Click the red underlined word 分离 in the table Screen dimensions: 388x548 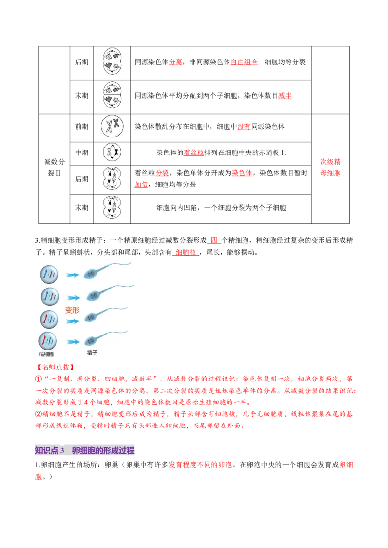[176, 62]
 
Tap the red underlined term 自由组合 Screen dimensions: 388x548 [244, 62]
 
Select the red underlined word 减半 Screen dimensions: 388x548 [285, 96]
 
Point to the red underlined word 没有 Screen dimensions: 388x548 [244, 126]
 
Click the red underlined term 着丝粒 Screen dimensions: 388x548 [194, 152]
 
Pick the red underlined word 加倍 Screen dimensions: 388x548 [141, 184]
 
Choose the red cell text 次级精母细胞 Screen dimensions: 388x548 [330, 167]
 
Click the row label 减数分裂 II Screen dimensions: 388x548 [54, 167]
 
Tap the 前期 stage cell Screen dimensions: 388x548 [81, 126]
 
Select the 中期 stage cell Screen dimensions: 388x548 [81, 152]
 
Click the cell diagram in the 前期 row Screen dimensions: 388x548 [112, 126]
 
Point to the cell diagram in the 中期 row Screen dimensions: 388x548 [112, 152]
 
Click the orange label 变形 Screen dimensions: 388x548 [72, 310]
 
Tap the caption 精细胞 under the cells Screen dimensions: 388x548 [46, 354]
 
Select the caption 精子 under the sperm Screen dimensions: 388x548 [92, 353]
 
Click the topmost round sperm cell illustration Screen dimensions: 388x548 [49, 274]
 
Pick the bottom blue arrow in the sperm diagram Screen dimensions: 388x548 [73, 342]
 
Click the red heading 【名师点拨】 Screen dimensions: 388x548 [55, 367]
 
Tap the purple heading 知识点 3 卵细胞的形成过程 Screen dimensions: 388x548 [85, 450]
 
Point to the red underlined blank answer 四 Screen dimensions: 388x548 [213, 240]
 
